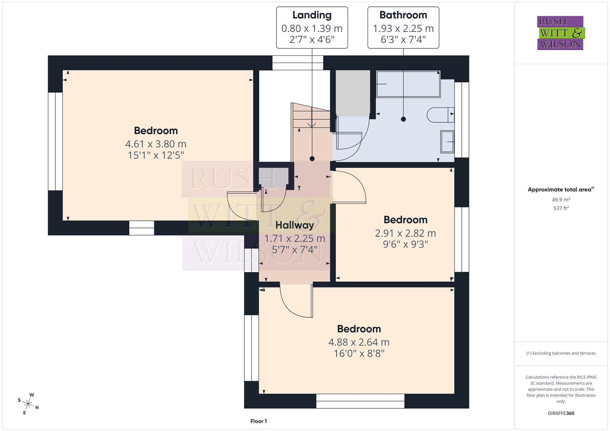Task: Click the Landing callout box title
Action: coord(312,15)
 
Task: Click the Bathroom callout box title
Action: coord(403,15)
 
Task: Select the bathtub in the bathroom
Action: coord(407,84)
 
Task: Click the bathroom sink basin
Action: coord(447,141)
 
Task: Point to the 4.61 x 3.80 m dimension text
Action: coord(156,144)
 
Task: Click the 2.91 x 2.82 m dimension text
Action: coord(405,233)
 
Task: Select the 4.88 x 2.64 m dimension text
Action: coord(359,342)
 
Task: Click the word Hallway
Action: coord(295,225)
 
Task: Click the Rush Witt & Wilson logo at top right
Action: coord(560,33)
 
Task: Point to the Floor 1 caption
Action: coord(258,421)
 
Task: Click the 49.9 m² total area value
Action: coord(561,200)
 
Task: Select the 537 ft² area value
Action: coord(561,208)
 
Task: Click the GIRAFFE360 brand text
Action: coord(561,413)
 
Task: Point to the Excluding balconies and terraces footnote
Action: coord(561,353)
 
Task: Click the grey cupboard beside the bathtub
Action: coord(352,93)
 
